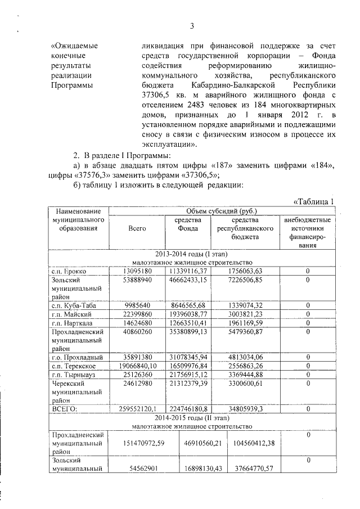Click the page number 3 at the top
(x=191, y=26)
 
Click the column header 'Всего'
(x=137, y=228)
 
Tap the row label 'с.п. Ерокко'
(x=68, y=271)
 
